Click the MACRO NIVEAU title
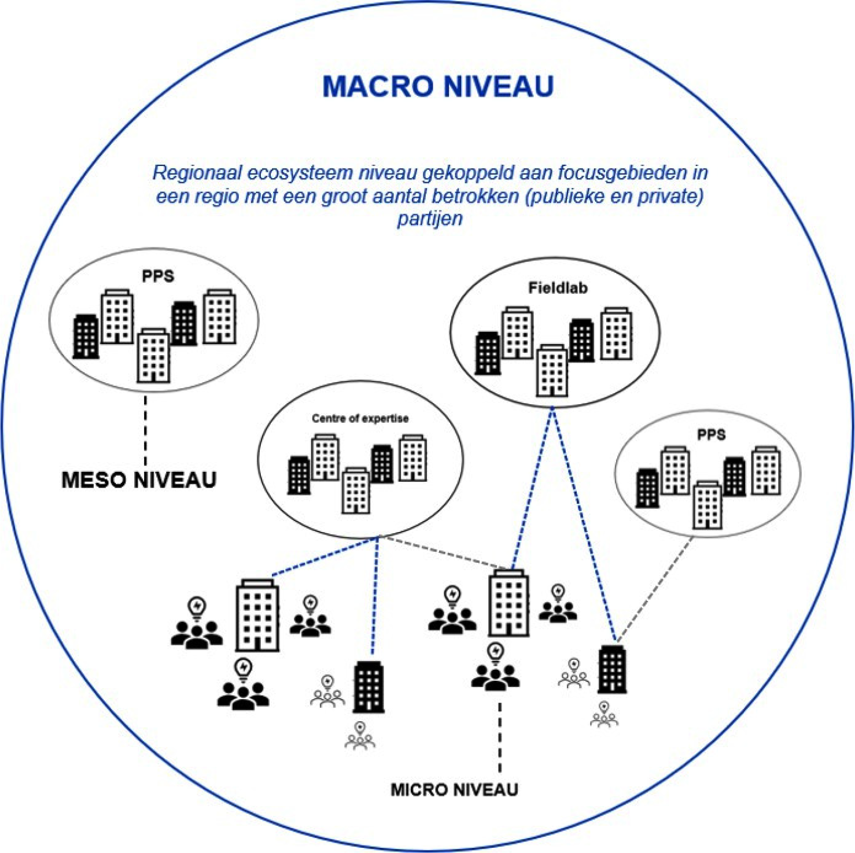click(438, 87)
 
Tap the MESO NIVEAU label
click(139, 480)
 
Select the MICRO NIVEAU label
click(454, 790)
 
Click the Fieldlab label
click(558, 288)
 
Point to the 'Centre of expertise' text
click(360, 418)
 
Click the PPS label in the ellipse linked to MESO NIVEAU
click(158, 276)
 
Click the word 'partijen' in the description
click(430, 219)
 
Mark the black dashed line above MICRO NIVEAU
click(500, 737)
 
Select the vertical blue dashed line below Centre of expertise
click(375, 596)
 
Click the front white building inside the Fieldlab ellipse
click(551, 371)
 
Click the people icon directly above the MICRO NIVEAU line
click(495, 677)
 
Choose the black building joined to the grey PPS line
click(612, 669)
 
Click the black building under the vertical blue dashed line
click(368, 687)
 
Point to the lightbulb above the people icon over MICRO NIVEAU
click(496, 652)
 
